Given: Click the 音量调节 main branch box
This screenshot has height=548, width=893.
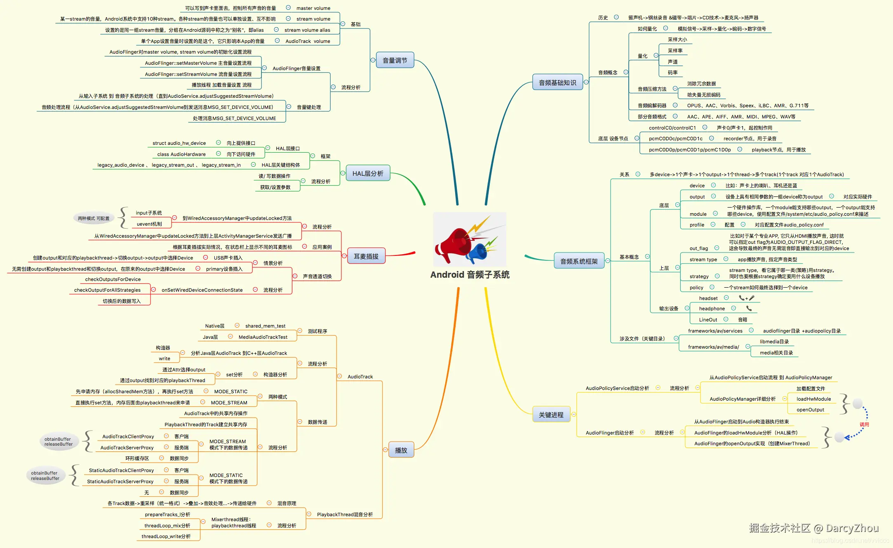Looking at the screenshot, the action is click(x=395, y=60).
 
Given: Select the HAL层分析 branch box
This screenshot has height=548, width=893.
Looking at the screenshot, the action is click(x=368, y=174).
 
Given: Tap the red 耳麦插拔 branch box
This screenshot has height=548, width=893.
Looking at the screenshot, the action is click(x=366, y=256).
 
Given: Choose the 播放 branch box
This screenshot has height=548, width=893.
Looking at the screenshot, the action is click(x=401, y=450).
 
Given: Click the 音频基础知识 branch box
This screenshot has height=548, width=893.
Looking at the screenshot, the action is click(x=557, y=83).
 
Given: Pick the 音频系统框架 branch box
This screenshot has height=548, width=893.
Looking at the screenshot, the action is click(x=579, y=261).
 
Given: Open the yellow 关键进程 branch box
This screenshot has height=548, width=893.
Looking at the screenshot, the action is click(x=551, y=415).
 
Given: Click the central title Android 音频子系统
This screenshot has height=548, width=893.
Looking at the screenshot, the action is click(x=470, y=275).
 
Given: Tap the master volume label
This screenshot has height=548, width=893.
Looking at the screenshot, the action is click(x=313, y=8).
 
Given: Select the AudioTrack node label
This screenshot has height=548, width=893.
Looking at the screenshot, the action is click(x=360, y=377).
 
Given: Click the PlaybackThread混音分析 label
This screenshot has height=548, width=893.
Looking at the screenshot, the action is click(x=345, y=515).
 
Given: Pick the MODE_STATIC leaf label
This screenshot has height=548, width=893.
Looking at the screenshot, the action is click(x=231, y=392).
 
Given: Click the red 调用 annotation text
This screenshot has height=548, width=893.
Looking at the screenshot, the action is click(x=864, y=425).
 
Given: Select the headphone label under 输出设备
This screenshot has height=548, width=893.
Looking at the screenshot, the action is click(x=712, y=309).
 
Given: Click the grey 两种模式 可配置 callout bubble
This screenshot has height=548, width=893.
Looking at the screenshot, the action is click(x=94, y=218).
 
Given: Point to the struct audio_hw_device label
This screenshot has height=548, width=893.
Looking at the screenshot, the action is click(x=179, y=143).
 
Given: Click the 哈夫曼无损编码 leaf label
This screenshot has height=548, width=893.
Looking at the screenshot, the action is click(x=704, y=95).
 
